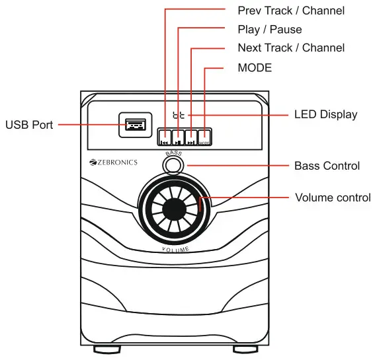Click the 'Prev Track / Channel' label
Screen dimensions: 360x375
(x=291, y=11)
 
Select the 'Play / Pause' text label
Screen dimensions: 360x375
(x=269, y=29)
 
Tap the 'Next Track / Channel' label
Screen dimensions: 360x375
(x=291, y=48)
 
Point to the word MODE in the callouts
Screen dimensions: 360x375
(x=255, y=67)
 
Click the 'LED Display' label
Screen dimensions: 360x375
(x=325, y=114)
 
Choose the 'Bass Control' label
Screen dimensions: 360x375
(x=327, y=165)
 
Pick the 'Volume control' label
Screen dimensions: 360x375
(x=332, y=198)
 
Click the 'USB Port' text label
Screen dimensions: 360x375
(x=30, y=124)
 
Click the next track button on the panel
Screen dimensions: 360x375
(x=190, y=137)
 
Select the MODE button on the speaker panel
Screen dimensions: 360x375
(x=204, y=137)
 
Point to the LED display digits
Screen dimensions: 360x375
(x=178, y=115)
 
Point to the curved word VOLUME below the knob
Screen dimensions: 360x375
(x=176, y=249)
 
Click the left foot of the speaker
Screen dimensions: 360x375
(x=102, y=349)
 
